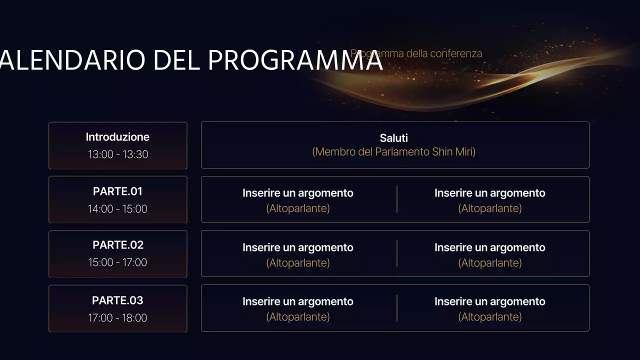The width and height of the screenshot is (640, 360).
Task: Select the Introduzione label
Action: (117, 137)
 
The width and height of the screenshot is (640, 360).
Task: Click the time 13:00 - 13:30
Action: (118, 154)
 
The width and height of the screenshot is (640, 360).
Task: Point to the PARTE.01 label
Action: (117, 191)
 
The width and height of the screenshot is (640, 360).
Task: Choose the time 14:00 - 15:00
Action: (117, 209)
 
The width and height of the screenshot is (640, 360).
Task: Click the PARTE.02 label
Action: (118, 245)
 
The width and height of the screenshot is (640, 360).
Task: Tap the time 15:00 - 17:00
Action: (117, 262)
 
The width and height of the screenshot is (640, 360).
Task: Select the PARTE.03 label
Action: (117, 300)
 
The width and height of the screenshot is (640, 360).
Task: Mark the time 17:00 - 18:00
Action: (117, 318)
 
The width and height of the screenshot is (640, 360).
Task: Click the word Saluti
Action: (394, 138)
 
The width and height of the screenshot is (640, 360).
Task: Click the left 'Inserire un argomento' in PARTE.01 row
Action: (298, 193)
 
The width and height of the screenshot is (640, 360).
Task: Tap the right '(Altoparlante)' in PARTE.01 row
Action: (490, 208)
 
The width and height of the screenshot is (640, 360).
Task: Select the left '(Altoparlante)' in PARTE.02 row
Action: (298, 263)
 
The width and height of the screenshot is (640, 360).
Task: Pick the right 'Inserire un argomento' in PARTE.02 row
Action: (490, 247)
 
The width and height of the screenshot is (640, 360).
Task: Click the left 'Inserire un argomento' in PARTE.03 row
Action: (298, 301)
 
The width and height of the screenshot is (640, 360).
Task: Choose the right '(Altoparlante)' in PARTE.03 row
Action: (490, 317)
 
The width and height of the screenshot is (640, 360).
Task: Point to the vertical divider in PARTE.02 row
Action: (397, 253)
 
